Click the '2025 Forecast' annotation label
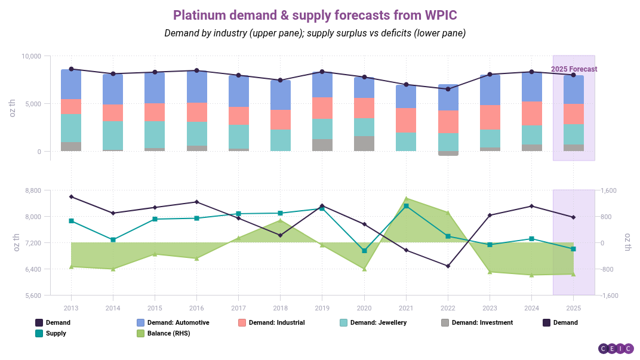pyautogui.click(x=574, y=69)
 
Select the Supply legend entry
pyautogui.click(x=56, y=333)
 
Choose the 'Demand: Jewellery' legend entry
pyautogui.click(x=378, y=322)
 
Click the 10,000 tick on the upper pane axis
pyautogui.click(x=31, y=56)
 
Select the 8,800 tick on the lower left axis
pyautogui.click(x=33, y=190)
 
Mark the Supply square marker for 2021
pyautogui.click(x=406, y=206)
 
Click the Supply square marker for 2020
pyautogui.click(x=364, y=251)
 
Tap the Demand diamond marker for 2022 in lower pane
pyautogui.click(x=448, y=266)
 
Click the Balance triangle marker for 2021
pyautogui.click(x=406, y=198)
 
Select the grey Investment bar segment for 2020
pyautogui.click(x=364, y=143)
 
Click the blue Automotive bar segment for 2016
pyautogui.click(x=197, y=87)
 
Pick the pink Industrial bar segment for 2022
pyautogui.click(x=448, y=122)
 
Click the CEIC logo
pyautogui.click(x=616, y=349)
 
